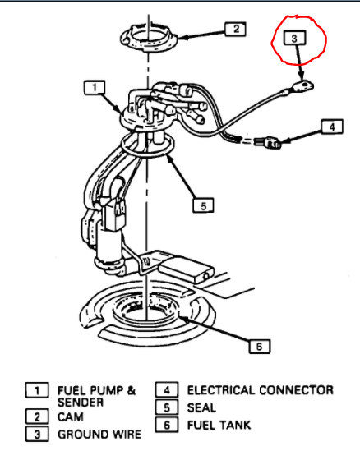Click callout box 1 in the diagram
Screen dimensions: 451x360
coord(95,86)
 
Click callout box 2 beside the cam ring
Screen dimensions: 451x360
coord(234,30)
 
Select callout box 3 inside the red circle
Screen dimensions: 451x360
coord(295,38)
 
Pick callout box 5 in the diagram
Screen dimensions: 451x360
coord(203,205)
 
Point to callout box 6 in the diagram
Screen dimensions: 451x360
coord(258,346)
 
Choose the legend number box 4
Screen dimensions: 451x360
coord(164,391)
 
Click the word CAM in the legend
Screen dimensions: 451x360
coord(71,417)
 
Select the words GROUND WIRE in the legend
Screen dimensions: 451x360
coord(99,433)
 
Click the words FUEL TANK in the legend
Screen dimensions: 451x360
coord(219,425)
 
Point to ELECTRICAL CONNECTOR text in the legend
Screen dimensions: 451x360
coord(260,390)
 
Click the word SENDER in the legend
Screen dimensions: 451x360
coord(80,403)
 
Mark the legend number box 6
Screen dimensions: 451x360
coord(164,425)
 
